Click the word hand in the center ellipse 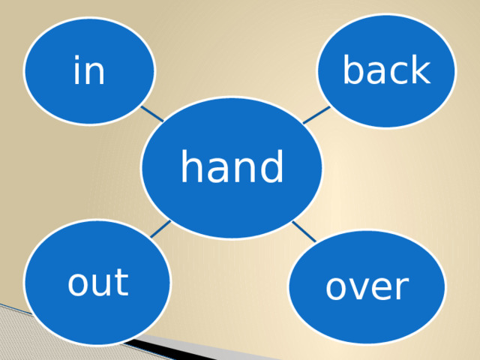(x=232, y=166)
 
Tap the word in (x=89, y=70)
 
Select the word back (x=387, y=69)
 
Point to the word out (x=97, y=282)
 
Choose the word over (x=367, y=287)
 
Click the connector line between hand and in (x=152, y=114)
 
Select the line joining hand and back (x=316, y=115)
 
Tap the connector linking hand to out (x=160, y=229)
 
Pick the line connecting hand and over (x=304, y=232)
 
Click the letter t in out (x=122, y=282)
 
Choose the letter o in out (x=77, y=285)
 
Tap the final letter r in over (x=402, y=287)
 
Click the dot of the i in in (x=76, y=58)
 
